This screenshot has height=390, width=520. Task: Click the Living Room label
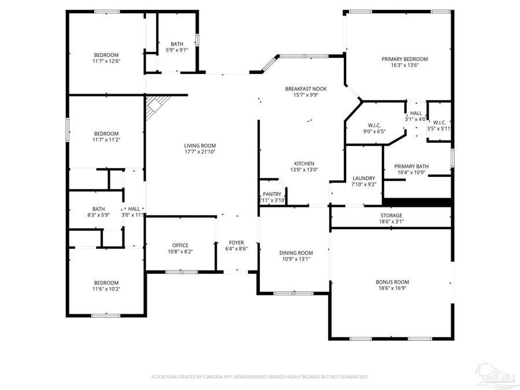[x=200, y=146]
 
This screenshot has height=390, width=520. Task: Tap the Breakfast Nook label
[x=306, y=88]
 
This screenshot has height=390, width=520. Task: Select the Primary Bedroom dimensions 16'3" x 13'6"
[x=404, y=65]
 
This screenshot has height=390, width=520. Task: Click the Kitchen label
[x=304, y=164]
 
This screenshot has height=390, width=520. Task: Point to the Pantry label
[x=272, y=194]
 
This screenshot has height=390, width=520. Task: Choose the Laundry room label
[x=364, y=178]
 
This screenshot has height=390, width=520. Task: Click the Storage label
[x=391, y=215]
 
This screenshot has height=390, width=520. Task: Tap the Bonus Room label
[x=392, y=282]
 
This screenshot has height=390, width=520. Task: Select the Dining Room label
[x=296, y=252]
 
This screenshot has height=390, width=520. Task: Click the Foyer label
[x=236, y=243]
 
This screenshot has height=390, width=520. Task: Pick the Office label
[x=180, y=246]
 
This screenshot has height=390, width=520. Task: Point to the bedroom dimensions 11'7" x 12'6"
[x=106, y=61]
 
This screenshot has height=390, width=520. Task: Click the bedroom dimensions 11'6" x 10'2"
[x=106, y=289]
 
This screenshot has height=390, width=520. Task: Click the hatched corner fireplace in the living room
[x=154, y=106]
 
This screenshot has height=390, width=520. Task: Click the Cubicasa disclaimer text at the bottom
[x=260, y=377]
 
